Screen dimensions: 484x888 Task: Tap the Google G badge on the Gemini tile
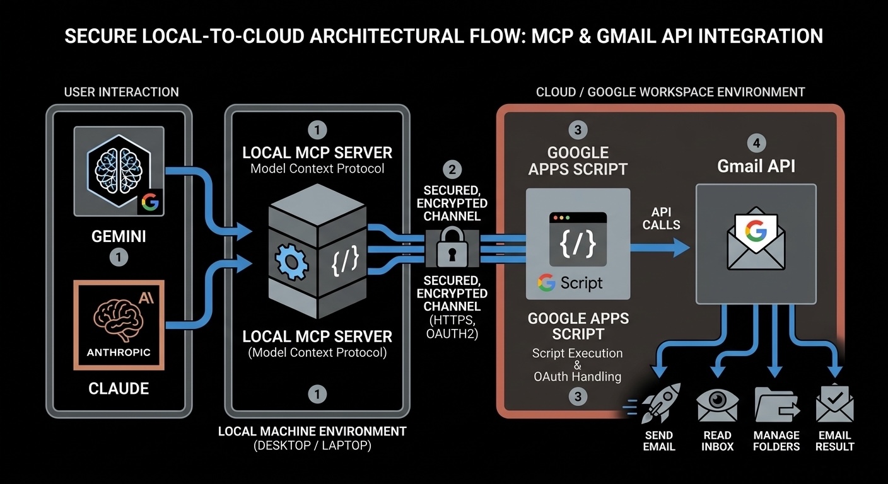(x=150, y=202)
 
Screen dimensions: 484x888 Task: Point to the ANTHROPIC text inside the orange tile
(x=119, y=352)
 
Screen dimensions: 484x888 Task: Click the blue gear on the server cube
(x=291, y=260)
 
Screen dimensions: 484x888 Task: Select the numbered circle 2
(x=452, y=169)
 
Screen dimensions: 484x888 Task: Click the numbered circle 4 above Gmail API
(x=756, y=142)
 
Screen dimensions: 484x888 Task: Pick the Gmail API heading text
(x=756, y=166)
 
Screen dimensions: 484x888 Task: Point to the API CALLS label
(x=662, y=217)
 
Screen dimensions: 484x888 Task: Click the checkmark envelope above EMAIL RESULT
(x=834, y=404)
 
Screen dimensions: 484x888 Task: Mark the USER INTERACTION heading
(x=122, y=92)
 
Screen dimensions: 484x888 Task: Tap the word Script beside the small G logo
(x=581, y=283)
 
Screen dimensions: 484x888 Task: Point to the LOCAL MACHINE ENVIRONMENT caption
(x=312, y=432)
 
